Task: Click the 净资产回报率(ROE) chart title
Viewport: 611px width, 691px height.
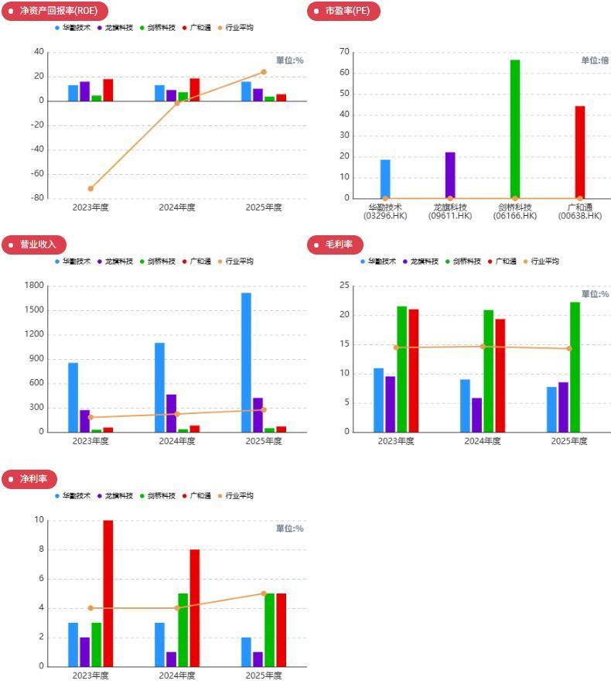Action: tap(58, 11)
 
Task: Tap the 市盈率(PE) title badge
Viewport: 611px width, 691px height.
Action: tap(347, 11)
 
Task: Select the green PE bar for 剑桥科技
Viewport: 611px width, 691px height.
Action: tap(515, 128)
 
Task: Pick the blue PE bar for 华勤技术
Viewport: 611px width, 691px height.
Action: tap(385, 179)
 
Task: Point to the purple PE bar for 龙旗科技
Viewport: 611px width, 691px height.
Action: tap(450, 175)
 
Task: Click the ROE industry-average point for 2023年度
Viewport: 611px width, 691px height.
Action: tap(90, 188)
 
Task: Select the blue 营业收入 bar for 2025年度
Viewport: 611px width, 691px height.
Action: tap(246, 362)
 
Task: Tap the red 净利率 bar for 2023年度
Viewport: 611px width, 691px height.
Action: tap(108, 593)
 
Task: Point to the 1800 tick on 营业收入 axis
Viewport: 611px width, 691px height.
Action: tap(34, 286)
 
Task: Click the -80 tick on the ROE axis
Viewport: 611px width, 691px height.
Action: tap(36, 198)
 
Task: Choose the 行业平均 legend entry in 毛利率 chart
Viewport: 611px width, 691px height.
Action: tap(544, 262)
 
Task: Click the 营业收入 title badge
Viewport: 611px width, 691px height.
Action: tap(38, 245)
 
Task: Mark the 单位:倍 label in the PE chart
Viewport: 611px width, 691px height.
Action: tap(595, 60)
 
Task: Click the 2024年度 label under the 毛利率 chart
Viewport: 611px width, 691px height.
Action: tap(482, 441)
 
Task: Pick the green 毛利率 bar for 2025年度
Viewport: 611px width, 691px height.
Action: tap(575, 367)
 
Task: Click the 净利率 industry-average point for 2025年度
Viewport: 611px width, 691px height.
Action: tap(264, 594)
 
